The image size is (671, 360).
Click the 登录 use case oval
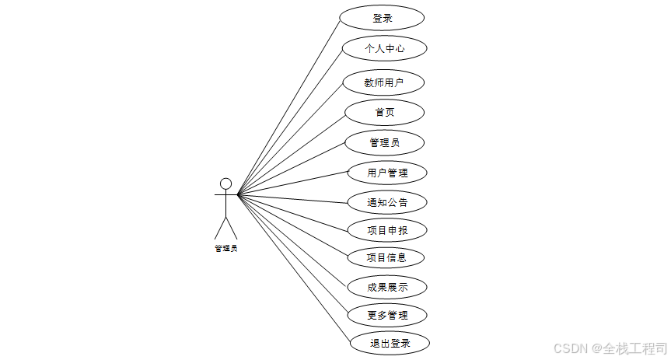tap(383, 18)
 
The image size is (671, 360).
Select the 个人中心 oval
tap(385, 48)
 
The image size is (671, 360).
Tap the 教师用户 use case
tap(383, 82)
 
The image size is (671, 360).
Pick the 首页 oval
tap(384, 112)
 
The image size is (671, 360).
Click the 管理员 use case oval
tap(385, 142)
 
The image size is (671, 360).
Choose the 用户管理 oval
tap(387, 173)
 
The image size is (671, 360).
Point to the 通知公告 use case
tap(387, 202)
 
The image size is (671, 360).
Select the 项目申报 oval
tap(387, 230)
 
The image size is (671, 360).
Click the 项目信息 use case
tap(387, 257)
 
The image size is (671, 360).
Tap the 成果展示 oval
tap(387, 287)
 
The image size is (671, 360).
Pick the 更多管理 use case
tap(387, 315)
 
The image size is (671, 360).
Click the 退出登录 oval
tap(390, 343)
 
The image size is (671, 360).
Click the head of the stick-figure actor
tap(225, 183)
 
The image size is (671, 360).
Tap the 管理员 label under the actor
tap(225, 248)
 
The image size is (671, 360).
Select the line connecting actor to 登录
tap(288, 106)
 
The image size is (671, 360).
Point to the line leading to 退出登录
tap(294, 268)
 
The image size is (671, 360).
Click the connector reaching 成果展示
tap(292, 240)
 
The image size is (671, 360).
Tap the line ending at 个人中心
tap(290, 121)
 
